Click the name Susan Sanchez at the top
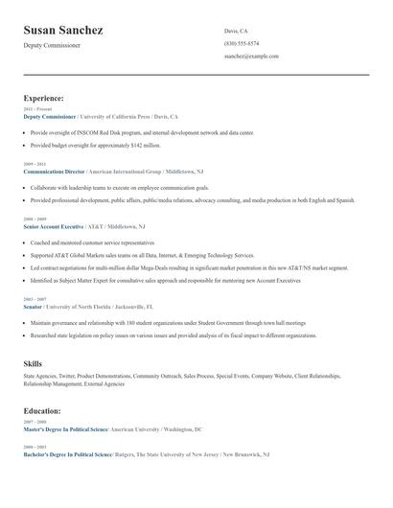tap(63, 31)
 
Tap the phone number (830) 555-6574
tap(241, 44)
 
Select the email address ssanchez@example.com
tap(251, 57)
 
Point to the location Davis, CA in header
tap(236, 31)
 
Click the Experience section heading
tap(44, 98)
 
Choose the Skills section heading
tap(33, 364)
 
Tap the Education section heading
tap(43, 410)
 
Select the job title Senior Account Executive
tap(54, 226)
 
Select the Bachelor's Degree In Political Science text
tap(67, 453)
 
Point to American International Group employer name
tap(126, 171)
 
